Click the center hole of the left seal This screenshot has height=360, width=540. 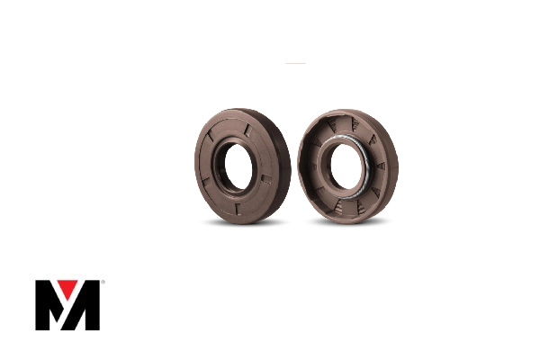click(x=238, y=164)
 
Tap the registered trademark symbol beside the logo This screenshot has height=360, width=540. click(x=103, y=283)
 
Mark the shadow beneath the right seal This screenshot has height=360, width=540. click(x=346, y=222)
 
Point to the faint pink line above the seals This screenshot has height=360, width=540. click(x=295, y=63)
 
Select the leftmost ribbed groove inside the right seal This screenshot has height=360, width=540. click(x=310, y=162)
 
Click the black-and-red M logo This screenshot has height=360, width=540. click(x=67, y=305)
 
